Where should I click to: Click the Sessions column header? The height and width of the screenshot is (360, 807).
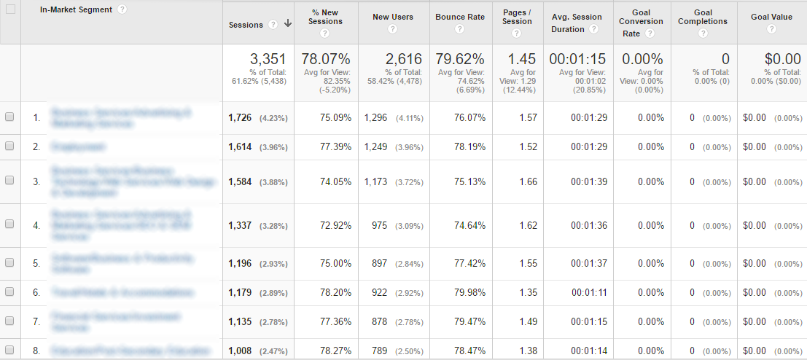point(246,24)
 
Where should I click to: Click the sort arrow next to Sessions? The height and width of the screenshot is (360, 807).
point(288,24)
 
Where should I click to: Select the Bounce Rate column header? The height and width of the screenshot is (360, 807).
point(460,17)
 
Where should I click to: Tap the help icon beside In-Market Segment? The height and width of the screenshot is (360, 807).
point(122,10)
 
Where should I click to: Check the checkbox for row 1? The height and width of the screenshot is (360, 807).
point(9,117)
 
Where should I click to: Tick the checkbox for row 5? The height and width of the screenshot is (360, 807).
point(9,262)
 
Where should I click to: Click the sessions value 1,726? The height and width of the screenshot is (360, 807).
point(240,117)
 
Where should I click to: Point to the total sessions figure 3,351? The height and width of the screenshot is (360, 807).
point(268,59)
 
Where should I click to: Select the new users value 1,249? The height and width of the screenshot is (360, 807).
point(376,146)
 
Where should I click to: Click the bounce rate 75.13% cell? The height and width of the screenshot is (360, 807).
point(469,181)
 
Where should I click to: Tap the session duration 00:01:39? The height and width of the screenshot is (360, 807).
point(589,181)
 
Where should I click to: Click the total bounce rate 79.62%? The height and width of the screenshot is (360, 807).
point(460,59)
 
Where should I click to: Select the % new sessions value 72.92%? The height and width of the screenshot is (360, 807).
point(335,225)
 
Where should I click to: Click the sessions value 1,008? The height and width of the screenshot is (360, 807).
point(240,351)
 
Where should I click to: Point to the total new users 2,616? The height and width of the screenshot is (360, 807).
point(404,59)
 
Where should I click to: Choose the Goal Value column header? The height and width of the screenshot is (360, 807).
point(771,17)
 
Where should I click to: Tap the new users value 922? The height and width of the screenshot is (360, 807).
point(380,292)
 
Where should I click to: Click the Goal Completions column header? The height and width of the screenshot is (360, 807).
point(703,17)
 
